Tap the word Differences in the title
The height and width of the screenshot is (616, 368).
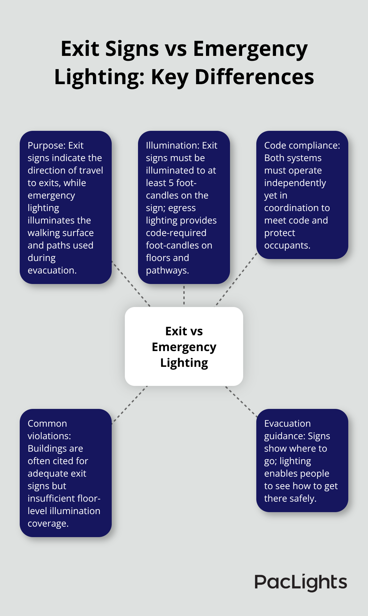point(254,77)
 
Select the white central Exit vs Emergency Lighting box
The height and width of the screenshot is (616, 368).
point(184,346)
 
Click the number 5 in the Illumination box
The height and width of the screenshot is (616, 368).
point(171,183)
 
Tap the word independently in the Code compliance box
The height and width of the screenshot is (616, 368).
point(295,183)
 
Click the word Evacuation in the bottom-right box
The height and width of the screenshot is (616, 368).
point(287,423)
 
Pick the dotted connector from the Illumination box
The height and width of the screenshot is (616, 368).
point(184,295)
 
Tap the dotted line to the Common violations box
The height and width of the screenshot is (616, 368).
point(129,404)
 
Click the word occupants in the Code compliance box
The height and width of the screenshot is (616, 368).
point(287,245)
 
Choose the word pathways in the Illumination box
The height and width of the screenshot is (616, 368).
point(167,270)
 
